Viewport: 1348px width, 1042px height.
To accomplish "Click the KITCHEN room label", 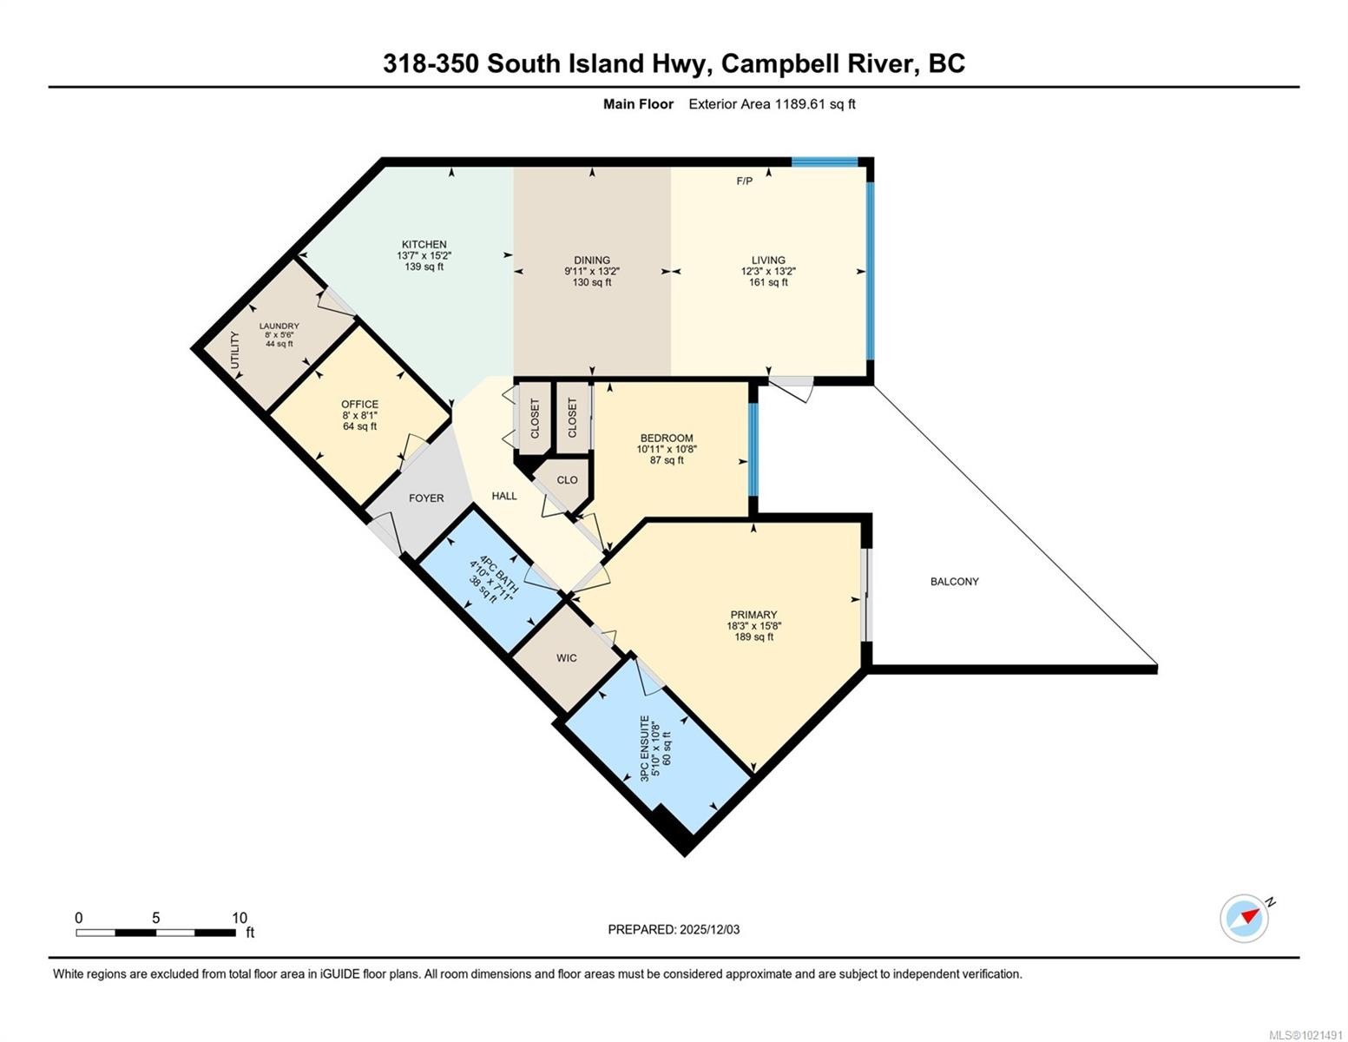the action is pos(424,245).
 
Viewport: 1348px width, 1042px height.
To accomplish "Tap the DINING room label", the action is pos(592,260).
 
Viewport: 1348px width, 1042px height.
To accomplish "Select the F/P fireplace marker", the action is pos(745,181).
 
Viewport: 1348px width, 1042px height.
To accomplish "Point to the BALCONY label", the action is pos(955,582).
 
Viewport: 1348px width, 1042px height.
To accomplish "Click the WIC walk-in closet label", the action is pos(567,658).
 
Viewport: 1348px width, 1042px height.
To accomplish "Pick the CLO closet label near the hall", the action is pos(567,479).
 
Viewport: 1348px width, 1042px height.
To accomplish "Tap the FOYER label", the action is pos(426,498).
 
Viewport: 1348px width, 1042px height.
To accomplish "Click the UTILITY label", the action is pos(234,350).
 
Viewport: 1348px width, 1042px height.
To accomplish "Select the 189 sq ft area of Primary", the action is pos(753,636).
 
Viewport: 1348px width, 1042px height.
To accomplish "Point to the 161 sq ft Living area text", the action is pos(768,282).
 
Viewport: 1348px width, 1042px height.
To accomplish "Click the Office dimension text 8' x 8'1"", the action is pos(360,415).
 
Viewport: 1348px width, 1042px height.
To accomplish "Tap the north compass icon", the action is pos(1245,919).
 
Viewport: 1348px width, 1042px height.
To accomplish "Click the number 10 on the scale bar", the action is pos(240,917).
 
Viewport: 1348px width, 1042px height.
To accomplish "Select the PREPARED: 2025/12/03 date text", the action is pos(674,930).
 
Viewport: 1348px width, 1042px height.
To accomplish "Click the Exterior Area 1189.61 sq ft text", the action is pos(772,104).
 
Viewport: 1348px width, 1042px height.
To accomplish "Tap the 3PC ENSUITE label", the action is pos(645,749).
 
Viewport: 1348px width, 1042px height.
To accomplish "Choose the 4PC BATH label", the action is pos(495,570).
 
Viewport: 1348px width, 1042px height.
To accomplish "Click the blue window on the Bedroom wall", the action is pos(753,450).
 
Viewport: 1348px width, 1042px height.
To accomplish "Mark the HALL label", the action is pos(504,496).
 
